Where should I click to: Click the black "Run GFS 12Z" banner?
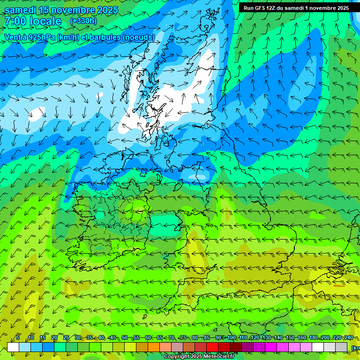click(x=296, y=8)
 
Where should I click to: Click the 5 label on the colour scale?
click(x=18, y=338)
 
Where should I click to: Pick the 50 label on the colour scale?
click(x=125, y=338)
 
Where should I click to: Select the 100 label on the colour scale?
click(x=232, y=338)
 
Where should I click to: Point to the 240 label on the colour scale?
click(x=348, y=338)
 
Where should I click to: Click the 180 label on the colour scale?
click(x=314, y=338)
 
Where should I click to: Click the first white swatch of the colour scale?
click(x=13, y=347)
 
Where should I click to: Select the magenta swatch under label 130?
click(x=271, y=347)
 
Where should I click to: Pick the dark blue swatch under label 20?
click(x=48, y=347)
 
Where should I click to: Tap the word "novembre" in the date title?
click(x=72, y=10)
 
